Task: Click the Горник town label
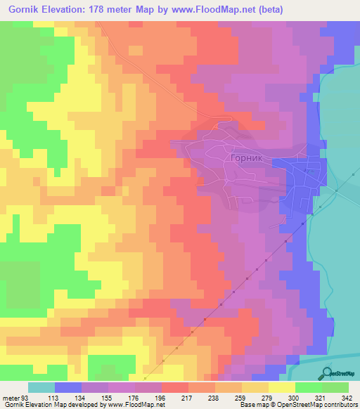[x=246, y=159]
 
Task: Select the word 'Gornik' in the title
[x=24, y=8]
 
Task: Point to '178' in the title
[x=112, y=8]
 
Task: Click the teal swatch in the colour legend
[x=41, y=388]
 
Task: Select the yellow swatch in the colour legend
[x=281, y=388]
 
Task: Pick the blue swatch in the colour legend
[x=67, y=388]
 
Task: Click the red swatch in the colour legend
[x=174, y=388]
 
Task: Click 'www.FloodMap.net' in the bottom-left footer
[x=136, y=405]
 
